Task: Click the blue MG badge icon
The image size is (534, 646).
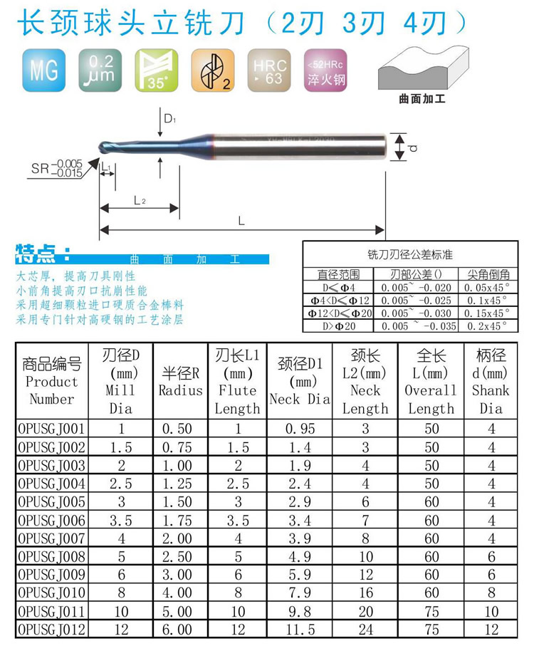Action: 43,70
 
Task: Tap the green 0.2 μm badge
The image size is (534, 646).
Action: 100,70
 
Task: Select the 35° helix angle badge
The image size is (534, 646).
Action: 157,70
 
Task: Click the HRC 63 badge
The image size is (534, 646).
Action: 269,70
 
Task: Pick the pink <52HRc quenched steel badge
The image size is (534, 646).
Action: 325,70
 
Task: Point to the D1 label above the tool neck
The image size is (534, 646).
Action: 169,119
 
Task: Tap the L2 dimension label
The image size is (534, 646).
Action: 140,201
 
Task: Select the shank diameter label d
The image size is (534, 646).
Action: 413,147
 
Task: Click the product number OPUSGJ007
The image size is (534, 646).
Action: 51,538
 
